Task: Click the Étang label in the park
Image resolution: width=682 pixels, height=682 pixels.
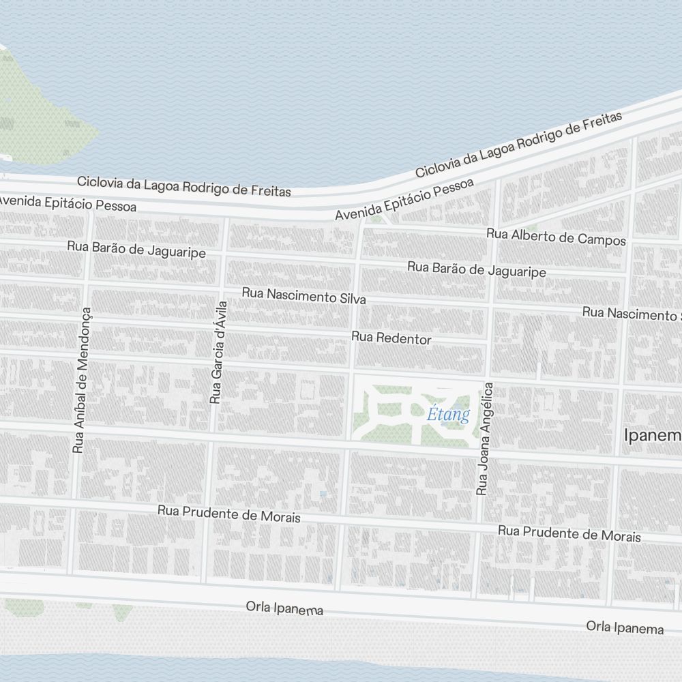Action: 449,415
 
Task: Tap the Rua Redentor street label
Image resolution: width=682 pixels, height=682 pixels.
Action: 391,338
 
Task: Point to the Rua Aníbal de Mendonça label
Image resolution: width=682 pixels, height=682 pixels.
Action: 82,381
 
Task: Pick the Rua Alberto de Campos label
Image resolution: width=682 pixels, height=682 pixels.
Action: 556,237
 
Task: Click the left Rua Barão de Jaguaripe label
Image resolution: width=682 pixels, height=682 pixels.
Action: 136,249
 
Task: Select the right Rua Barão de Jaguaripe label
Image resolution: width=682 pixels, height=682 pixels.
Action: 477,269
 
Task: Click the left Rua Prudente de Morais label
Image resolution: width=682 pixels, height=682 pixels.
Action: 229,513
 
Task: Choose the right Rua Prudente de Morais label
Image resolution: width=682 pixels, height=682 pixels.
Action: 569,533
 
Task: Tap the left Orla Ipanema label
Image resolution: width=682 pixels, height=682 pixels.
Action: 284,608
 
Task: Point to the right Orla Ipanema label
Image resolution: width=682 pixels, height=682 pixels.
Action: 625,627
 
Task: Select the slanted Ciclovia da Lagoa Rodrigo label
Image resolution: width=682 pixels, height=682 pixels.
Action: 518,145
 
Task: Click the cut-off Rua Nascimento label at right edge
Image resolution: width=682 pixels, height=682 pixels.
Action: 632,314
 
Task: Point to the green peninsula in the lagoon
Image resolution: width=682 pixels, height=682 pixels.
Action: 34,109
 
